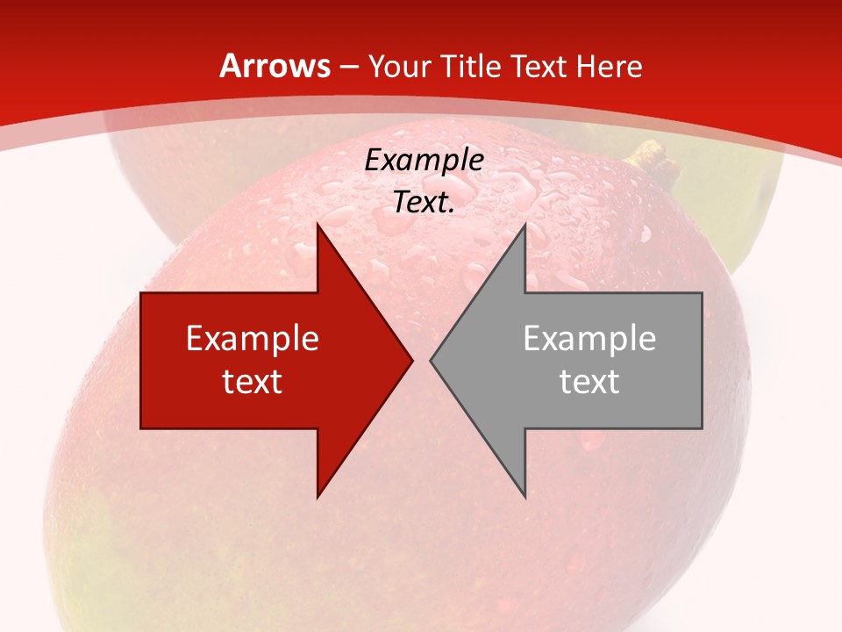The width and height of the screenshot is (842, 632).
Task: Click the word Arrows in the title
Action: [275, 66]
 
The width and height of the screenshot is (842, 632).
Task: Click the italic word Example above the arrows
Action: [425, 161]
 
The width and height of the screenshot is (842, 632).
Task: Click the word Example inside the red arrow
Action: [253, 338]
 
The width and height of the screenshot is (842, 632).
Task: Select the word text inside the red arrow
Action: [253, 381]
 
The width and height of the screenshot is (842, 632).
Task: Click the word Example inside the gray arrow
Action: [589, 338]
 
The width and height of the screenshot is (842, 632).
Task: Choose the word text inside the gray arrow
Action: [589, 381]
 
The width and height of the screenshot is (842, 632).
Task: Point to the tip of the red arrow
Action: [411, 360]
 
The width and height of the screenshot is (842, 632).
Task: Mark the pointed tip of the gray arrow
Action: [432, 360]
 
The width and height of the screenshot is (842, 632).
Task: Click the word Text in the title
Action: [540, 66]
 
